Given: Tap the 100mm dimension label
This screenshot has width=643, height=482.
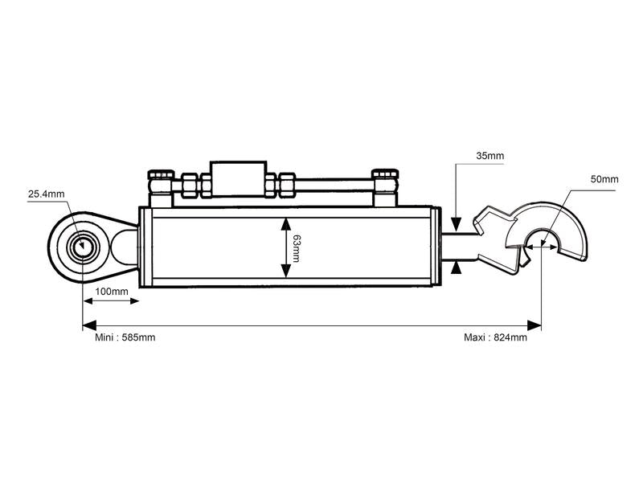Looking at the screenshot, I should click(x=112, y=291).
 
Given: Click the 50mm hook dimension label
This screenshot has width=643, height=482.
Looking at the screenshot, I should click(x=604, y=178).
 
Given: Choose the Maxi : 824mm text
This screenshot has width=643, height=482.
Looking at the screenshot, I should click(x=495, y=337).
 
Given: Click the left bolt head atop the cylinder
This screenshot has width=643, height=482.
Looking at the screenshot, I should click(x=162, y=175).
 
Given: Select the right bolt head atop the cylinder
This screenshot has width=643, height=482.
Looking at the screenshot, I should click(x=384, y=175).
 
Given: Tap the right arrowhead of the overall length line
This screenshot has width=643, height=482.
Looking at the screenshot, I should click(x=534, y=325).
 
